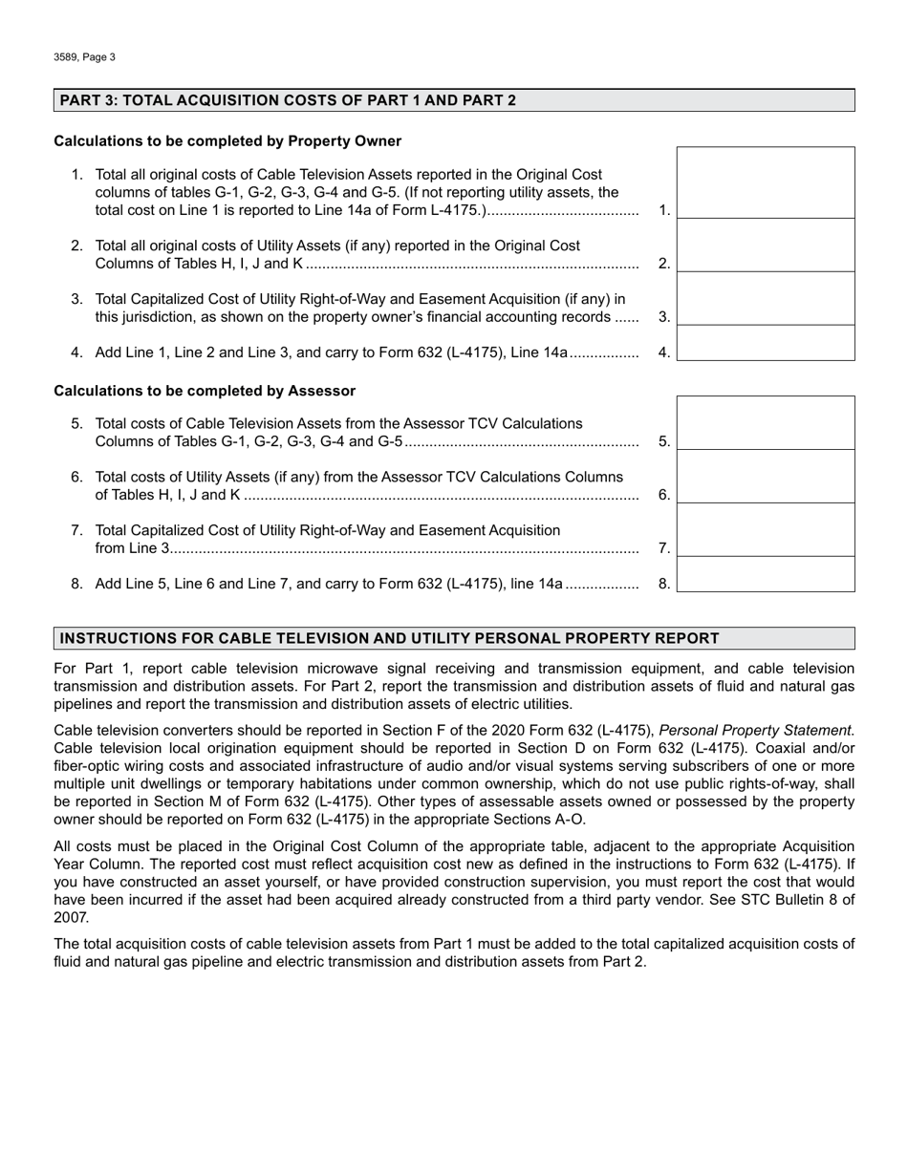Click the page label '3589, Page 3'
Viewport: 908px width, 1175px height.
point(85,57)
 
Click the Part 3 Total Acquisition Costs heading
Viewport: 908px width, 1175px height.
point(288,100)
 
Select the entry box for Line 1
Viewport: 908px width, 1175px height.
point(766,183)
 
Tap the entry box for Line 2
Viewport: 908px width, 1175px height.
point(766,246)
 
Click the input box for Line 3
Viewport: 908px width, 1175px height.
point(766,299)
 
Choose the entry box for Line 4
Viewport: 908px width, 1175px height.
point(766,343)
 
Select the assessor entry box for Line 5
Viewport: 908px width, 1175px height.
point(766,424)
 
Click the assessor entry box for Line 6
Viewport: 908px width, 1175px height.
point(766,478)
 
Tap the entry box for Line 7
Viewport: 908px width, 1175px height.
point(766,531)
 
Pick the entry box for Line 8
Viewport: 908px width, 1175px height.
point(766,575)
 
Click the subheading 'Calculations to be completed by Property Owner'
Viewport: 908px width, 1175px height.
point(227,141)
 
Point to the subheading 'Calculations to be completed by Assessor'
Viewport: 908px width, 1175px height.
point(205,391)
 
